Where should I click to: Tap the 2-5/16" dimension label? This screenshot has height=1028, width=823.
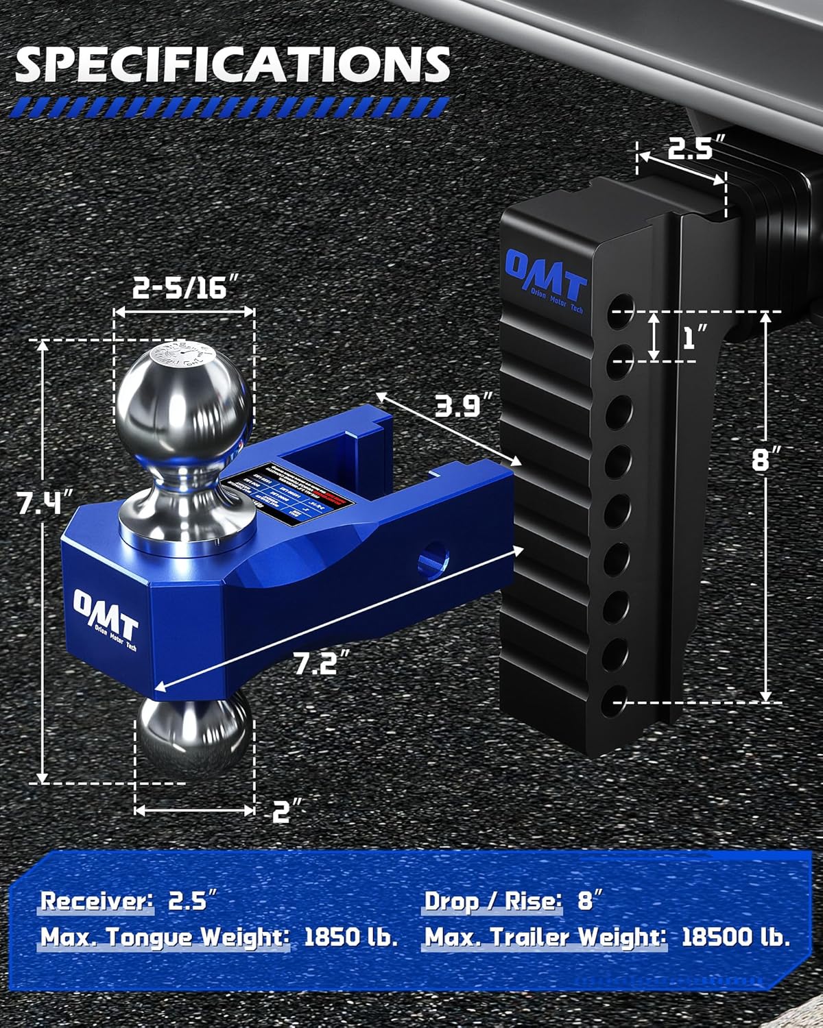(x=180, y=288)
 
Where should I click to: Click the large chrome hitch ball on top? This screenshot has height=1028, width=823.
(x=182, y=404)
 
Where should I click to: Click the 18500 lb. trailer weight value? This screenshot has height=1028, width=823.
(x=736, y=937)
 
